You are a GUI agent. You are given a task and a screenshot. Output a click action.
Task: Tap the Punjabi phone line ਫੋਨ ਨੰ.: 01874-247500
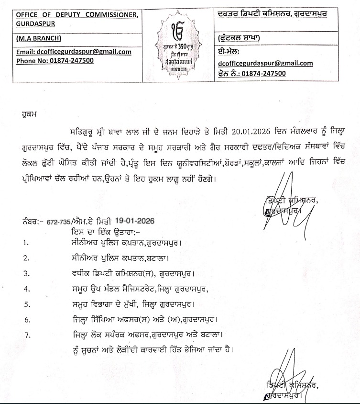click(251, 73)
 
